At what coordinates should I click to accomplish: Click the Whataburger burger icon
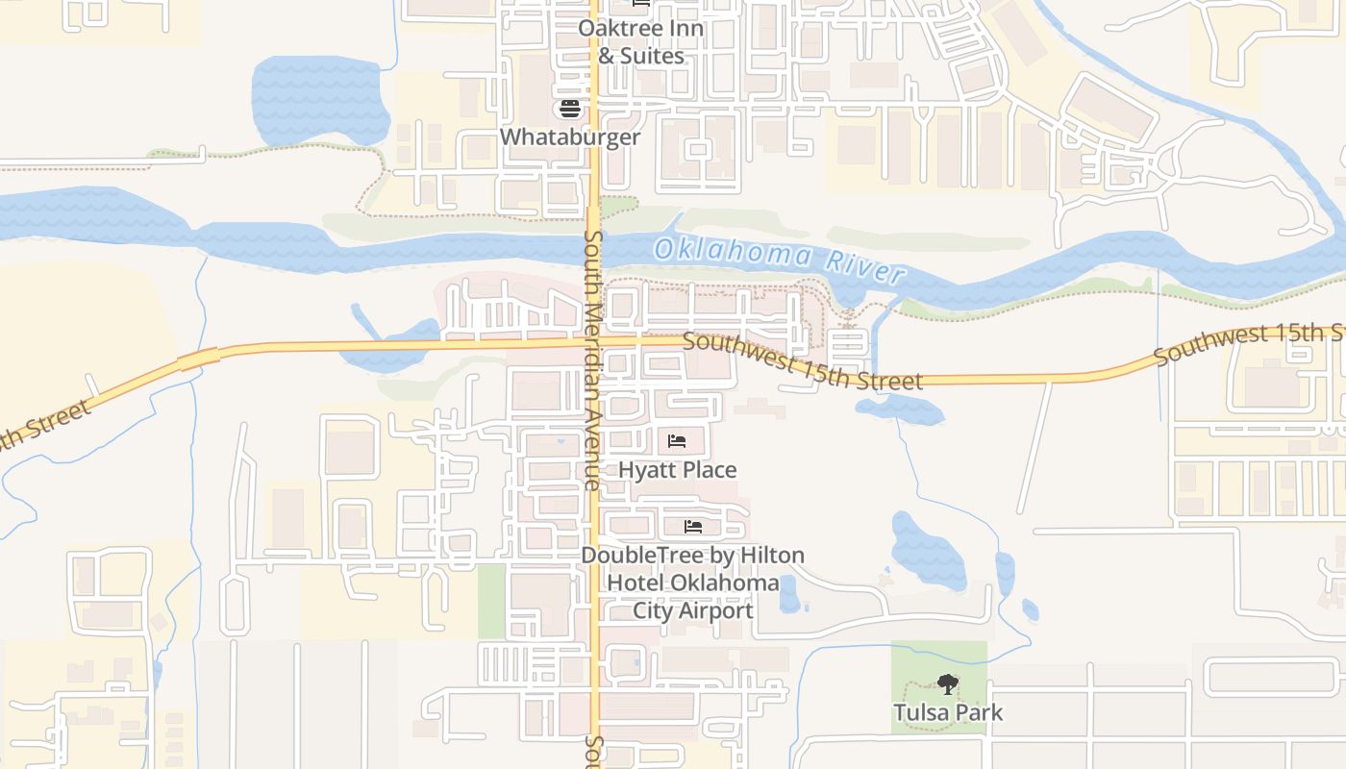pyautogui.click(x=570, y=108)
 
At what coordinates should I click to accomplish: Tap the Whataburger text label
pyautogui.click(x=570, y=136)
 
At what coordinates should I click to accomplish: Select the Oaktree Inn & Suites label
pyautogui.click(x=640, y=41)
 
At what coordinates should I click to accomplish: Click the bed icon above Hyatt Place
pyautogui.click(x=677, y=441)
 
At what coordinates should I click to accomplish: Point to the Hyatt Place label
pyautogui.click(x=678, y=470)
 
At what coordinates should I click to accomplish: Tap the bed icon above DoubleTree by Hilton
pyautogui.click(x=692, y=527)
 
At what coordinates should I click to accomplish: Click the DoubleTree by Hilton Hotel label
pyautogui.click(x=692, y=583)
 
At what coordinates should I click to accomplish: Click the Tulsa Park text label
pyautogui.click(x=948, y=713)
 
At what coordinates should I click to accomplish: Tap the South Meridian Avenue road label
pyautogui.click(x=592, y=360)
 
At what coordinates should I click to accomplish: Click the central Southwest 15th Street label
pyautogui.click(x=803, y=362)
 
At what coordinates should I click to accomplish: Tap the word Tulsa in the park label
pyautogui.click(x=921, y=713)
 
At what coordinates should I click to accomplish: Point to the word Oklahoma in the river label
pyautogui.click(x=735, y=255)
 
